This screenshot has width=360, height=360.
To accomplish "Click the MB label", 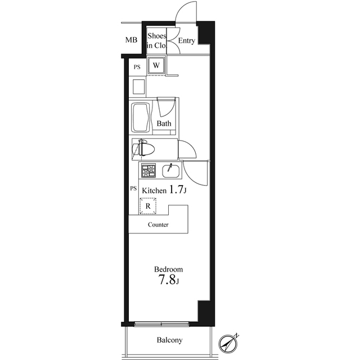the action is [x=131, y=40].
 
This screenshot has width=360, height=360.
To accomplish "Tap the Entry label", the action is [x=186, y=40].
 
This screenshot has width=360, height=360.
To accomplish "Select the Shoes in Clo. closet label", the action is [x=156, y=40].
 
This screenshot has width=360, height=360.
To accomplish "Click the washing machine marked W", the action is [x=156, y=65].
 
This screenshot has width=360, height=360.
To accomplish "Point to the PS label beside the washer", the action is [x=137, y=67].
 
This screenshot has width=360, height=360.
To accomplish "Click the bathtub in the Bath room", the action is [x=141, y=118].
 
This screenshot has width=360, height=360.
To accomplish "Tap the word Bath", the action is [x=164, y=124].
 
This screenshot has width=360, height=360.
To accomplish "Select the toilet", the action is [x=143, y=148].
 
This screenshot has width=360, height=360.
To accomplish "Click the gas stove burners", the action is [x=148, y=170].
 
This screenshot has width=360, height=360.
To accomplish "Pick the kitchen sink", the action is [x=171, y=171].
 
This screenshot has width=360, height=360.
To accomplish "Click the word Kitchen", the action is [x=154, y=191].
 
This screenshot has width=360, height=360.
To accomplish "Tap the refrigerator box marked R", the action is [x=148, y=206].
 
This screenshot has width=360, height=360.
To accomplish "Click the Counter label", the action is [x=158, y=224].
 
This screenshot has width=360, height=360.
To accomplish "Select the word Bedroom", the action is [x=169, y=269].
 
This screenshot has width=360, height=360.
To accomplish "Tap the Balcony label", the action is [x=170, y=340].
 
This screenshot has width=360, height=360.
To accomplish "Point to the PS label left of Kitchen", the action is [x=133, y=188].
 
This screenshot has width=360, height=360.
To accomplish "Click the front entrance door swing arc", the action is [x=182, y=8].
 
